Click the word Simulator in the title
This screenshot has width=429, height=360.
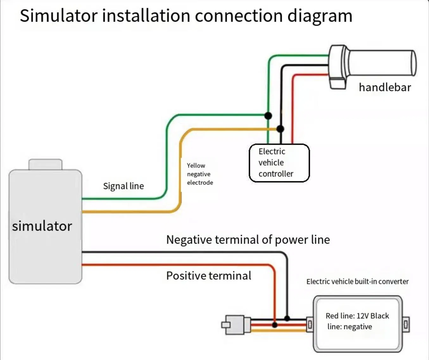(59, 16)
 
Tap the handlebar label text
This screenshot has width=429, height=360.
(385, 87)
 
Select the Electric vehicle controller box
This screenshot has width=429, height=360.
(279, 163)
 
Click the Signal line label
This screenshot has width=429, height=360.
(123, 186)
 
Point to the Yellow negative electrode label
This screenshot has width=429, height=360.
(200, 174)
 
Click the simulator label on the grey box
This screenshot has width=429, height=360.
(42, 226)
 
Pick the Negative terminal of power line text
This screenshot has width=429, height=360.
(248, 240)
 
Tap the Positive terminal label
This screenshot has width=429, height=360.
(209, 275)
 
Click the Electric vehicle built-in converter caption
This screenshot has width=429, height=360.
(357, 281)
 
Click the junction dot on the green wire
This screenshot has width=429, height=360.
(268, 116)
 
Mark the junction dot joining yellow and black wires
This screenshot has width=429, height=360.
(280, 129)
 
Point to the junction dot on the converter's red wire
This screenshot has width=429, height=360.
(275, 325)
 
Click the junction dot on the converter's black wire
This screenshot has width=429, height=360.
(287, 318)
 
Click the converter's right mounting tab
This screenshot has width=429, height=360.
(406, 325)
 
